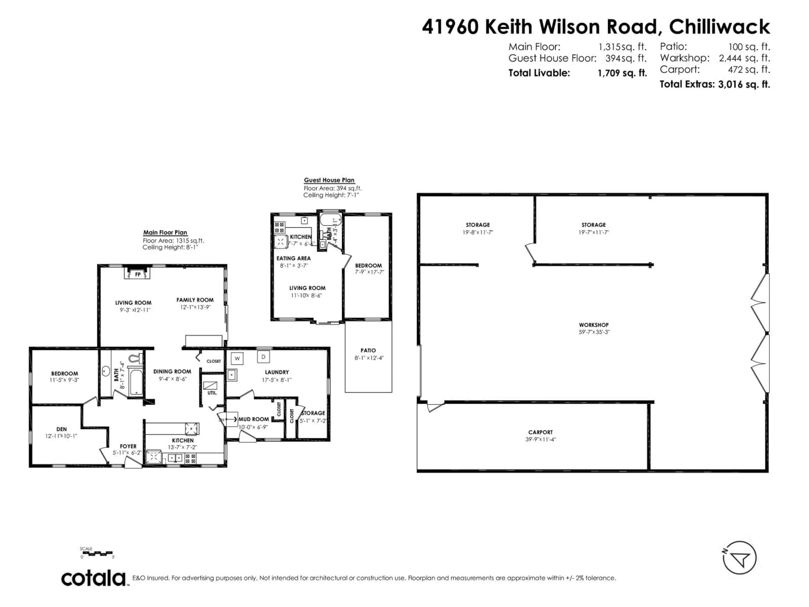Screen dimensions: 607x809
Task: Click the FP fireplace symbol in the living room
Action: [138, 274]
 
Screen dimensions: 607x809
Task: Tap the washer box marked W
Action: [237, 359]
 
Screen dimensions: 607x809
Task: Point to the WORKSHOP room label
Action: [594, 325]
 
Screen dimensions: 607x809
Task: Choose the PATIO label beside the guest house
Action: [368, 350]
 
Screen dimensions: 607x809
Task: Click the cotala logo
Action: [93, 579]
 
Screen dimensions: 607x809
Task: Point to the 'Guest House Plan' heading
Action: [329, 180]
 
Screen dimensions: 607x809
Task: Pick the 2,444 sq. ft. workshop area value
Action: [744, 58]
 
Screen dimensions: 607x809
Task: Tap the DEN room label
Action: [62, 429]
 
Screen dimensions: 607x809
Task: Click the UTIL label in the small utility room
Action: [212, 393]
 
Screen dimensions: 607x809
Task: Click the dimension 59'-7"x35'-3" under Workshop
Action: [594, 332]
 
